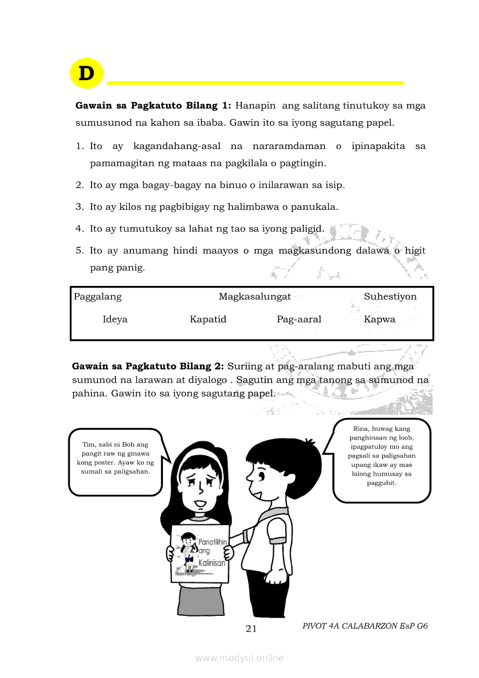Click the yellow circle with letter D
86,74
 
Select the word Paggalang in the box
97,297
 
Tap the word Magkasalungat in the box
255,297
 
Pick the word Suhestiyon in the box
390,297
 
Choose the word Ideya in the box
115,320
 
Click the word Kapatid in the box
208,320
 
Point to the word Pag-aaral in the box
299,320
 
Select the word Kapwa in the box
379,320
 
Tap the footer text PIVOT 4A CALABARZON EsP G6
365,626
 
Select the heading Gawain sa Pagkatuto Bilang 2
148,367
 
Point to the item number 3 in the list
79,207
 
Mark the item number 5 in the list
79,251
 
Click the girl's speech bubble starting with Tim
115,462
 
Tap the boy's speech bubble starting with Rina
382,461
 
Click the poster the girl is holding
199,553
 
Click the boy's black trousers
263,592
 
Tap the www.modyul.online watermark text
239,658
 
